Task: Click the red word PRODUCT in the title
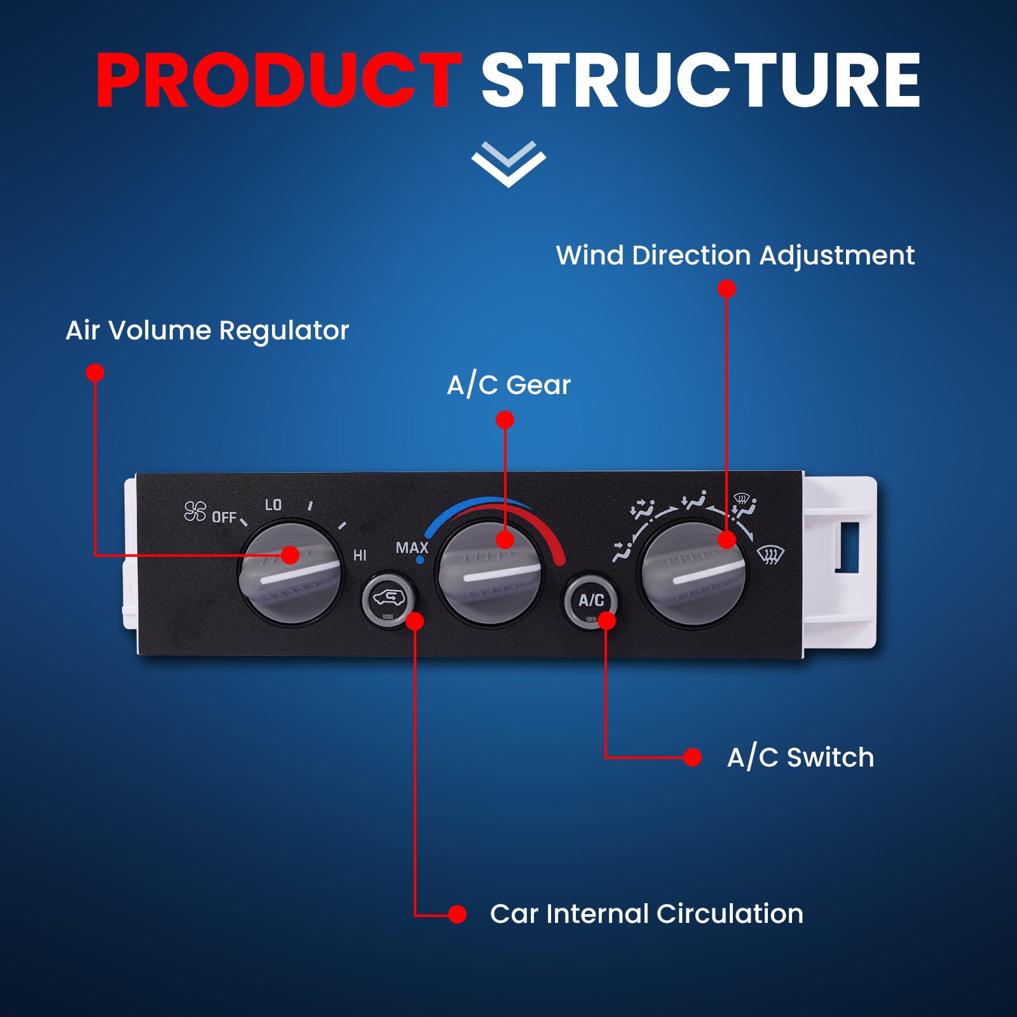click(x=278, y=81)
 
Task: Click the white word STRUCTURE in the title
click(x=701, y=81)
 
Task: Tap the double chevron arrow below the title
click(x=508, y=164)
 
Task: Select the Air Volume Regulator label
click(x=207, y=331)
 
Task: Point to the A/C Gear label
click(x=508, y=385)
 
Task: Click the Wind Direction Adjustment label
click(x=735, y=256)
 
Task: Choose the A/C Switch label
click(x=800, y=758)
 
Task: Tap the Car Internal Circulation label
click(x=646, y=914)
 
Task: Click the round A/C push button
click(x=590, y=601)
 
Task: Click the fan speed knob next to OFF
click(x=291, y=572)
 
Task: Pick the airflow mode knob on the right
click(x=695, y=573)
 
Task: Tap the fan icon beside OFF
click(x=195, y=511)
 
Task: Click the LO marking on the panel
click(x=273, y=505)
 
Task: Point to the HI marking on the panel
click(x=360, y=556)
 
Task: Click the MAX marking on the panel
click(x=412, y=547)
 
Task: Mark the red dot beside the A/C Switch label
click(x=692, y=757)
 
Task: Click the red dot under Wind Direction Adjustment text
click(x=727, y=289)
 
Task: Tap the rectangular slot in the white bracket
click(x=847, y=547)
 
